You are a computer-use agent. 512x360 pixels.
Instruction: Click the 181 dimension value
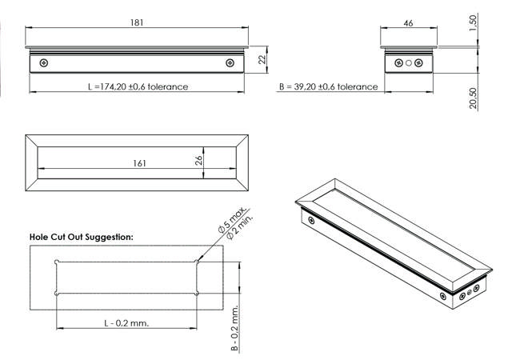pyautogui.click(x=137, y=22)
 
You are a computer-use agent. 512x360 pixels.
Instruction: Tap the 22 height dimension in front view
pyautogui.click(x=262, y=58)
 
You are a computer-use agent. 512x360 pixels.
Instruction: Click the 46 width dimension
pyautogui.click(x=408, y=24)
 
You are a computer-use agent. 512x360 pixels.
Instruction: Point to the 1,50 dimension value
pyautogui.click(x=474, y=24)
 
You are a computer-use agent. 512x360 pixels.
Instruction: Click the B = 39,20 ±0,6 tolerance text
pyautogui.click(x=328, y=86)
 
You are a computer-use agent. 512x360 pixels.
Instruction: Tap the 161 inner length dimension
pyautogui.click(x=139, y=163)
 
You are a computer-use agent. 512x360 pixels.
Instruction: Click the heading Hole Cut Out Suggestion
pyautogui.click(x=81, y=237)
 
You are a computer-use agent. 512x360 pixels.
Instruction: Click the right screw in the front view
pyautogui.click(x=231, y=63)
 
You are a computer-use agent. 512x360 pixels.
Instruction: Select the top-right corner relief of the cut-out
pyautogui.click(x=198, y=261)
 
